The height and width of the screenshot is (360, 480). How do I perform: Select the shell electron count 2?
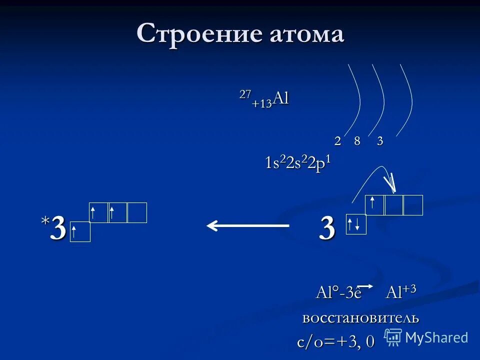coord(337,141)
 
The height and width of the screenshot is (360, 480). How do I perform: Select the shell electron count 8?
coord(357,141)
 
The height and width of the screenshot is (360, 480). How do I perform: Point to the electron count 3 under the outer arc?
coord(380,141)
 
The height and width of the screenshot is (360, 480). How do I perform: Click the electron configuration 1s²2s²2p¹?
coord(298,163)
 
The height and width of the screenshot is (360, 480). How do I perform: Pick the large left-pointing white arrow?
coord(248,226)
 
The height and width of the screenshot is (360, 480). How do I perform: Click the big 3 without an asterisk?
coord(327,229)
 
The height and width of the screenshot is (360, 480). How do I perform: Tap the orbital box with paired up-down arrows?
coord(356,224)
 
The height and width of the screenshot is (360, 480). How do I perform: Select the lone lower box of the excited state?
coord(80,232)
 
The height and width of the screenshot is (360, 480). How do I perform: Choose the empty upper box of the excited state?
coord(137,212)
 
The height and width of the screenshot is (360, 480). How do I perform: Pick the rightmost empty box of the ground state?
coord(413,205)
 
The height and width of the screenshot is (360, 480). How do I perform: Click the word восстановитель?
coord(360,317)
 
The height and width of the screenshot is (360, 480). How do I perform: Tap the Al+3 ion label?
coord(401,291)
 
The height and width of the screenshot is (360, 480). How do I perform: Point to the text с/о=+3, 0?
coord(335,342)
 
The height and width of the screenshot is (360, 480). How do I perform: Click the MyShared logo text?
coord(436,337)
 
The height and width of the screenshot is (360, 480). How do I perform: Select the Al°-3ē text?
coord(338,292)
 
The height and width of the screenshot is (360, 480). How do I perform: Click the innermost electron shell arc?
coord(357,100)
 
